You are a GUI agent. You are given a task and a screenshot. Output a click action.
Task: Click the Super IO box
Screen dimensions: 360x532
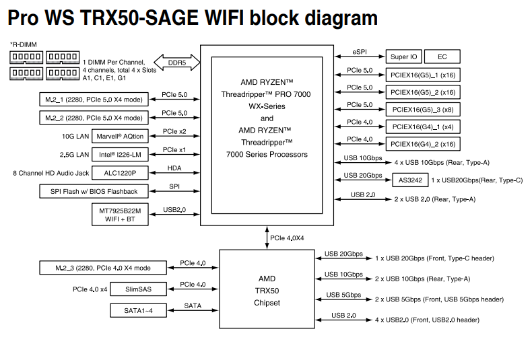(404, 57)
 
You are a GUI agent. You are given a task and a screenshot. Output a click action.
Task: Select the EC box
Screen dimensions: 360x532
(442, 57)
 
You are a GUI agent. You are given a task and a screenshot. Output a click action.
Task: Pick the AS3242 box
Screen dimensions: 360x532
(410, 180)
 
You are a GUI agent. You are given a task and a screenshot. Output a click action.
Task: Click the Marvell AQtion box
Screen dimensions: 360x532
(121, 136)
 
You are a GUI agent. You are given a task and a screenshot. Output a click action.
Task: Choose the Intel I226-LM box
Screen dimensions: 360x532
(121, 155)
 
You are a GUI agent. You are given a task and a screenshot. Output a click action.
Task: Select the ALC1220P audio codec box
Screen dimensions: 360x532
(121, 173)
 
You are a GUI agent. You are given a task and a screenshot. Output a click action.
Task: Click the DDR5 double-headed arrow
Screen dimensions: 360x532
(177, 63)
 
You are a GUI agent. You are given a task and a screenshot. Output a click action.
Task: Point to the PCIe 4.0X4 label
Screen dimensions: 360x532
(287, 238)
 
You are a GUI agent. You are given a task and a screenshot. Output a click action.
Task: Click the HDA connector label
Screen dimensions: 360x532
(174, 168)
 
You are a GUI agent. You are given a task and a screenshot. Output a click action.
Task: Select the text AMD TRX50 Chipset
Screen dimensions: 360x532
(267, 290)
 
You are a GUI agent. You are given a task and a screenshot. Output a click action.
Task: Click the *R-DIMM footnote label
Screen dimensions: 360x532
(24, 44)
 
